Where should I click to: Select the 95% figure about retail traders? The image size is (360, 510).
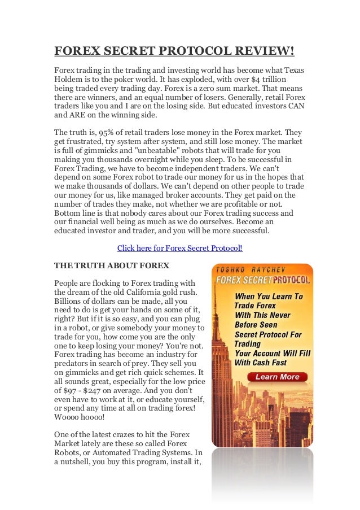coord(108,132)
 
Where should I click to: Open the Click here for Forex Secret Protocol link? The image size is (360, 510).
coord(179,248)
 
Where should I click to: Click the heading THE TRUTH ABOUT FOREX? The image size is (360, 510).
coord(111,264)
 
